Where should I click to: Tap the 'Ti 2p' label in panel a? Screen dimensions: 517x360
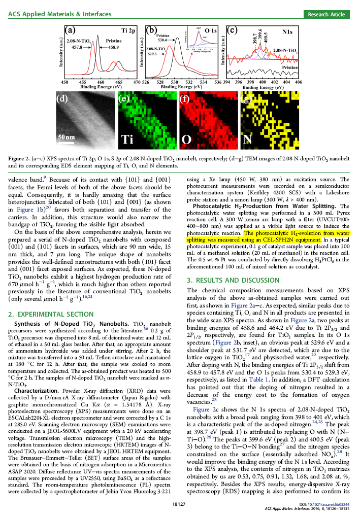point(127,31)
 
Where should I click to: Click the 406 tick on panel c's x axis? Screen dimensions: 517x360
point(299,82)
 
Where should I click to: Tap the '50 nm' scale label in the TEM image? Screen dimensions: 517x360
point(67,137)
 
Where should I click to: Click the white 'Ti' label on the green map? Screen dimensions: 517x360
point(128,139)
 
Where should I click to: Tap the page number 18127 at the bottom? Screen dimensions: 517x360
point(180,505)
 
